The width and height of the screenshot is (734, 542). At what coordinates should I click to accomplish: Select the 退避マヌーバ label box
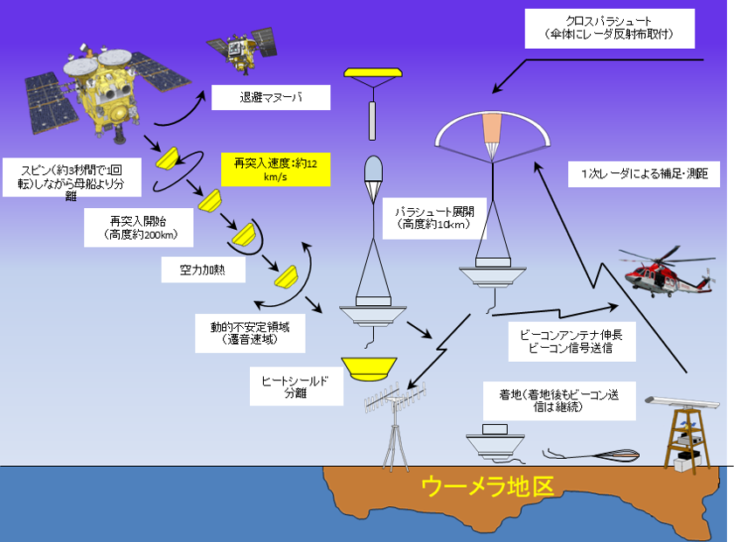coord(271,97)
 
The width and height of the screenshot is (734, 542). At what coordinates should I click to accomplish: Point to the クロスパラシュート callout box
coord(609,29)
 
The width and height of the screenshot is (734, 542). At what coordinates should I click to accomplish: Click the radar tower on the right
coord(687,433)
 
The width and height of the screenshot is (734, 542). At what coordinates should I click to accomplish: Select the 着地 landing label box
coord(557,401)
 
